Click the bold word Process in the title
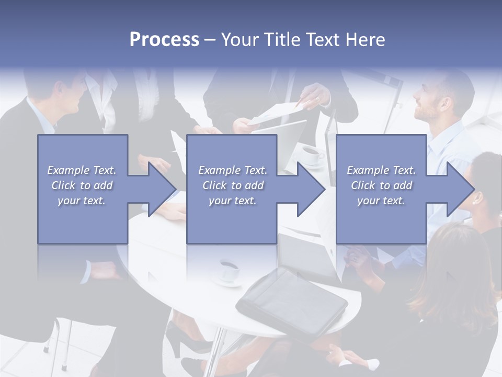(164, 40)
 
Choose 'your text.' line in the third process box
(381, 201)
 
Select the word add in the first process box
(103, 185)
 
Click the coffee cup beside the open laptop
(312, 155)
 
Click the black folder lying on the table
(291, 303)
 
